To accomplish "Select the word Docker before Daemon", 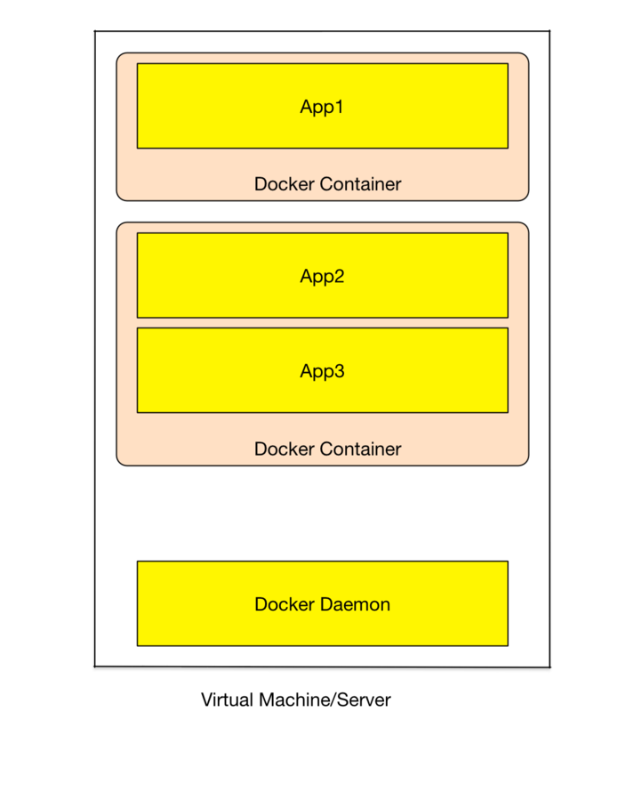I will click(283, 604).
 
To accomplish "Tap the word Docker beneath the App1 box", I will click(283, 184).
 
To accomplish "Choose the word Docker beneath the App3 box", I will click(283, 449).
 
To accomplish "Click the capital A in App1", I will click(306, 107).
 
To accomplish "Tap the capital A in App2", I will click(306, 276).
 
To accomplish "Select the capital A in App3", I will click(306, 371).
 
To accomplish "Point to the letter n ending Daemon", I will click(385, 605).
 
